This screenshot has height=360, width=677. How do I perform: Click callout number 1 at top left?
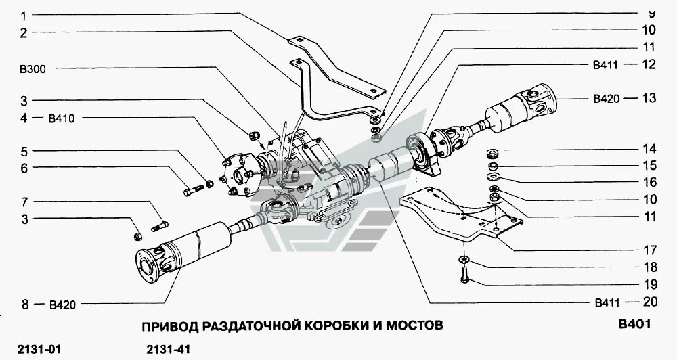click(x=23, y=15)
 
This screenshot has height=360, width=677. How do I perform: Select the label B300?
click(x=32, y=68)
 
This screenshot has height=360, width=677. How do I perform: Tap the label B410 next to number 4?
click(x=61, y=118)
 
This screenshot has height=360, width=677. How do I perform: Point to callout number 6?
click(x=23, y=167)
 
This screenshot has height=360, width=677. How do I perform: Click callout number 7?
click(x=23, y=202)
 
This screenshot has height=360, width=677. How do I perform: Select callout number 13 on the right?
click(x=649, y=98)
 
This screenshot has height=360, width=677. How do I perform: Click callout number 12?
click(x=649, y=64)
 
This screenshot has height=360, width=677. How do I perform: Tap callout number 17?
click(x=649, y=249)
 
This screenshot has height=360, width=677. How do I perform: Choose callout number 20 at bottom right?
click(x=649, y=301)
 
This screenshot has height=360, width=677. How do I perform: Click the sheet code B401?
click(x=634, y=325)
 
